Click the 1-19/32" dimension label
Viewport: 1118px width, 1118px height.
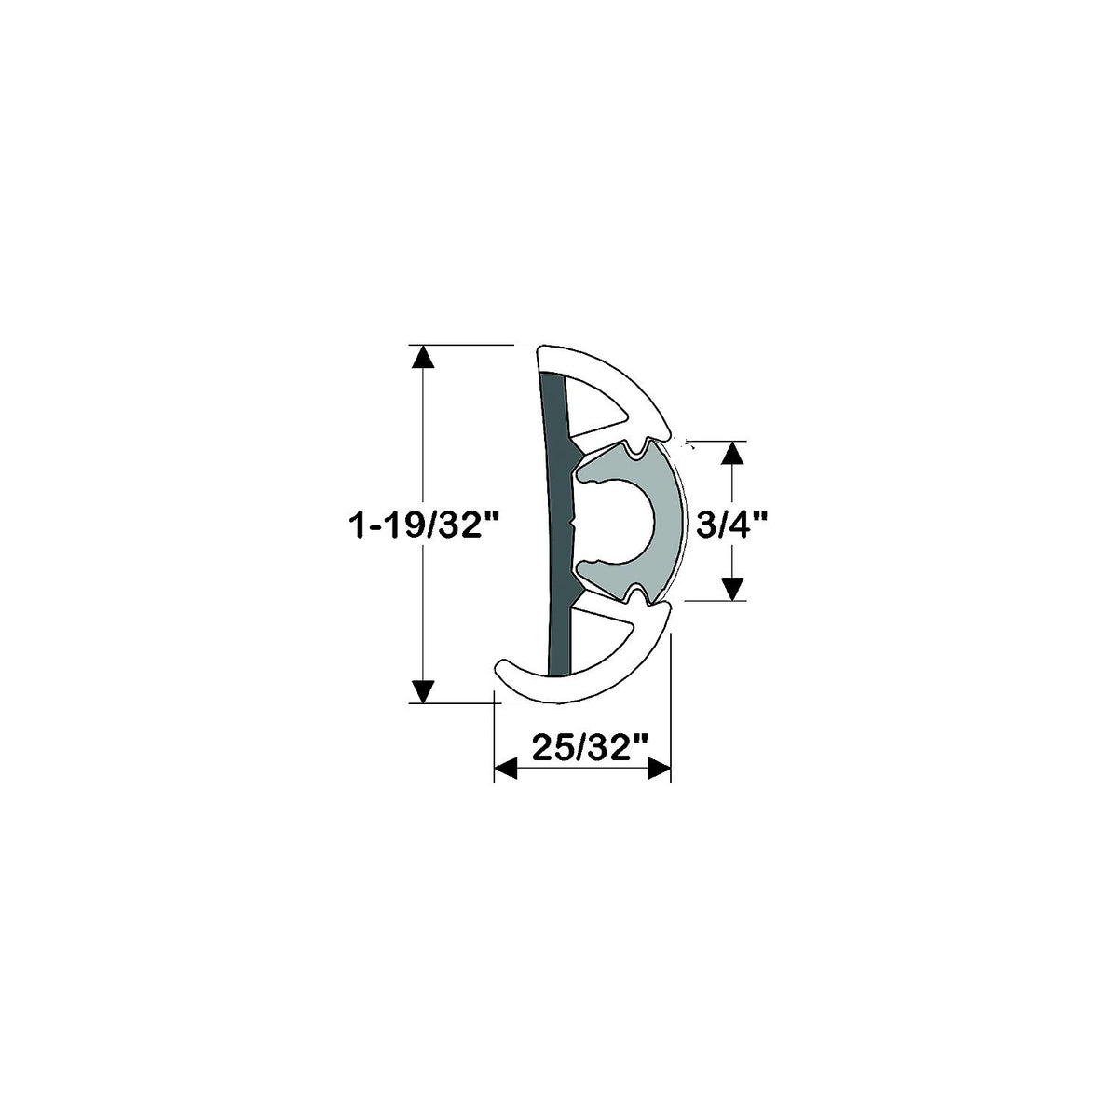(x=425, y=526)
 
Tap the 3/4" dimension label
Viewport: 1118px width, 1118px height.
(x=731, y=526)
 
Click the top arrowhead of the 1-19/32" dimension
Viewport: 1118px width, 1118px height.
(x=423, y=356)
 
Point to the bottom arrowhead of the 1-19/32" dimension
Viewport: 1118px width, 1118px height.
(x=423, y=691)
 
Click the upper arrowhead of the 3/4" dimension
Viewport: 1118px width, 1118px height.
(x=733, y=453)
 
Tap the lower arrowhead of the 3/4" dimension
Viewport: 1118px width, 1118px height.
(x=733, y=589)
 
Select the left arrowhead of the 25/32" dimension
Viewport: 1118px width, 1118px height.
(x=505, y=769)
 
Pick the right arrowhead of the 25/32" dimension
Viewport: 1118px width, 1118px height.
(x=659, y=769)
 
